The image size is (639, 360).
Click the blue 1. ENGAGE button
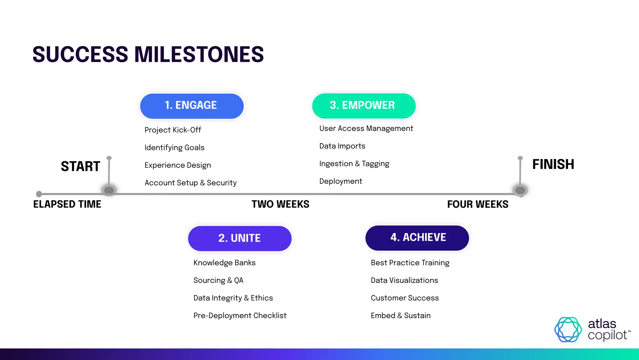(192, 106)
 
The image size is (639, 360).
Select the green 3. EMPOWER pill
(363, 106)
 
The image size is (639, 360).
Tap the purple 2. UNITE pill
(240, 238)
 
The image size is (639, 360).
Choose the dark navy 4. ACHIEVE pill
(417, 237)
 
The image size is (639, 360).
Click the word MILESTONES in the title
(199, 54)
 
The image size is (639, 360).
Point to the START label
(80, 166)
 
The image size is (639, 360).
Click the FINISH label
(553, 164)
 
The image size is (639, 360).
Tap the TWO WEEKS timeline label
(280, 204)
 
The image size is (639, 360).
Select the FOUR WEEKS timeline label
(477, 204)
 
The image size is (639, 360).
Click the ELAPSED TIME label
(67, 204)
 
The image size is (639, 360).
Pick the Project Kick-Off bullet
(173, 130)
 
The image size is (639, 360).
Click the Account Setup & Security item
(190, 182)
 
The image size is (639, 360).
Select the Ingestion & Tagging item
(354, 164)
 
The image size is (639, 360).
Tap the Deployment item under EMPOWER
(340, 181)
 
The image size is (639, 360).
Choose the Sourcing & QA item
(218, 280)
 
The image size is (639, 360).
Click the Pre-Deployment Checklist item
(240, 315)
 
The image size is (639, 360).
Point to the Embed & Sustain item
(401, 315)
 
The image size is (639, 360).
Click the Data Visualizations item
(404, 280)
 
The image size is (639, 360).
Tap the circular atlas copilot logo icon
(568, 329)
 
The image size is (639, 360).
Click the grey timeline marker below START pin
(109, 190)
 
